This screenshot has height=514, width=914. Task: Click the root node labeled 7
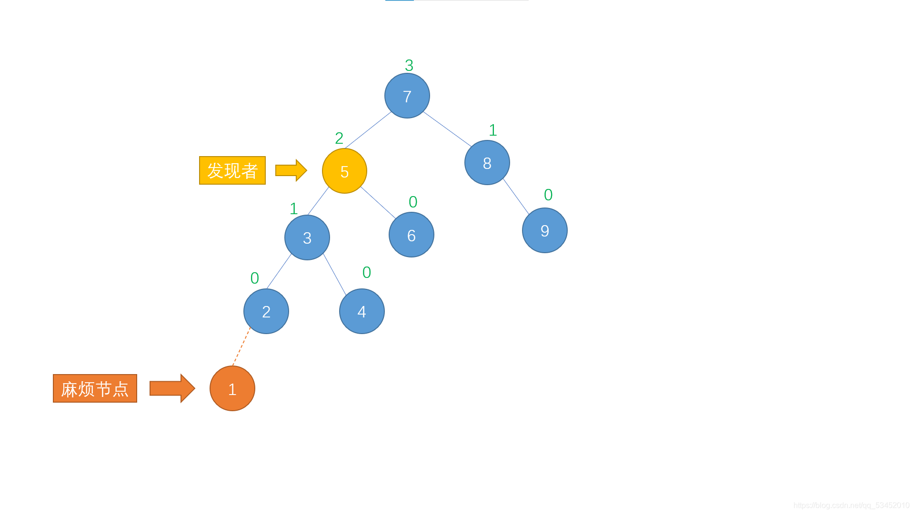[x=407, y=96]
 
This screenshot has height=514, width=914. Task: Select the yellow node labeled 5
[x=344, y=171]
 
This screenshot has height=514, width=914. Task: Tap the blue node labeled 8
[x=487, y=163]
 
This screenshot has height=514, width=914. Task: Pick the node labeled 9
[x=544, y=230]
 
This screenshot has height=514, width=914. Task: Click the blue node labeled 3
[x=307, y=237]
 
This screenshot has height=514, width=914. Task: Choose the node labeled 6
[x=411, y=235]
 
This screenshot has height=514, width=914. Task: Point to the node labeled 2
[x=266, y=311]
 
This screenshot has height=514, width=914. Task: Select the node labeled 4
[x=362, y=311]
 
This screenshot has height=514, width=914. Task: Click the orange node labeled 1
[x=232, y=388]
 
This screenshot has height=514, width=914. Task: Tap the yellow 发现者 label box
[x=232, y=170]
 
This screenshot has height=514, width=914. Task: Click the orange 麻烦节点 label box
[x=95, y=388]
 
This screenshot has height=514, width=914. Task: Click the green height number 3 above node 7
[x=409, y=65]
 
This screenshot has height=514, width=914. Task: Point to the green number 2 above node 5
[x=339, y=138]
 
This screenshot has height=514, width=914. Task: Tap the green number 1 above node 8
[x=492, y=130]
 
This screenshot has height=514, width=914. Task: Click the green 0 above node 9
[x=548, y=195]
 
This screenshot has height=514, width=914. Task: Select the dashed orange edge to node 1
[x=241, y=347]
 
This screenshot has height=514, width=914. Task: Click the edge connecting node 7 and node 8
[x=447, y=129]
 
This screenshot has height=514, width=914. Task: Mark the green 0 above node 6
[x=412, y=202]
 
